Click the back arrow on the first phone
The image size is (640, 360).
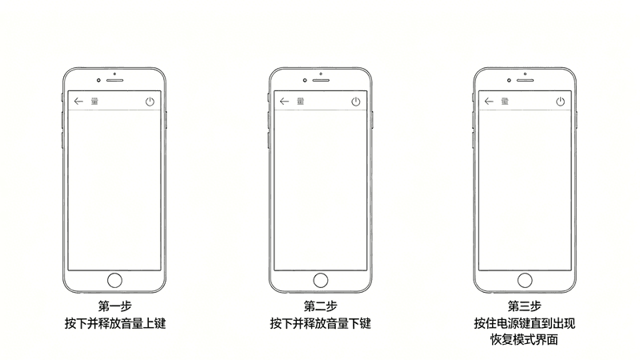tap(78, 102)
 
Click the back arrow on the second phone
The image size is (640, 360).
tap(285, 102)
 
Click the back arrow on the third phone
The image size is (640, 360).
tap(489, 102)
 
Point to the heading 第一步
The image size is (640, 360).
tap(114, 306)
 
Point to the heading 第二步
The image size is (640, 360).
tap(321, 306)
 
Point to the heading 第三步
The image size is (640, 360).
tap(525, 306)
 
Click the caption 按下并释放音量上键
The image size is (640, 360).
tap(115, 323)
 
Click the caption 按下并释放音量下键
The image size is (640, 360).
tap(321, 323)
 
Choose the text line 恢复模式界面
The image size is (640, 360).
tap(524, 339)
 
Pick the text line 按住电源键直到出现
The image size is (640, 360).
tap(525, 323)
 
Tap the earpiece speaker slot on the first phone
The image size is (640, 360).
tap(114, 80)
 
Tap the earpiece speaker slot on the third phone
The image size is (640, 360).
tap(526, 80)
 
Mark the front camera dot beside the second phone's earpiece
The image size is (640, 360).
tap(305, 81)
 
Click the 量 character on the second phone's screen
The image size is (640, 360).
tap(301, 102)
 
